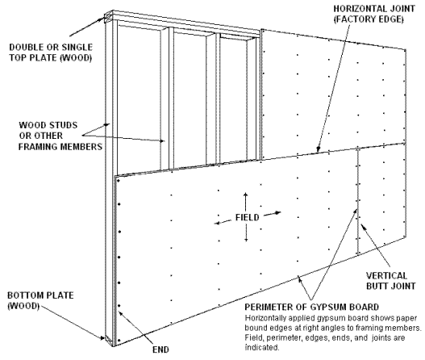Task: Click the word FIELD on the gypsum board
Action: coord(248,218)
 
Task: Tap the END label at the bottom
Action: coord(160,350)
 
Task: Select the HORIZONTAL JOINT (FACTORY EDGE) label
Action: coord(374,14)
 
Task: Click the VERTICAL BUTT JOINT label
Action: coord(391,281)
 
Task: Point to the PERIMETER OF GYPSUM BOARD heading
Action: coord(312,307)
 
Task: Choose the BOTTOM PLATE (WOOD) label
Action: coord(40,300)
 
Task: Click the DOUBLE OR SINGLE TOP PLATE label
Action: coord(51,52)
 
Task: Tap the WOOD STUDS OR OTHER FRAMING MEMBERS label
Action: coord(60,136)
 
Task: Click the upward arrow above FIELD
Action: coord(246,202)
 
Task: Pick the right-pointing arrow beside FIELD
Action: coord(273,214)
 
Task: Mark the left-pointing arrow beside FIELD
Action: coord(223,222)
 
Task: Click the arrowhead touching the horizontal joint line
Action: coord(319,149)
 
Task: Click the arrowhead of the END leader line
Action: coord(121,313)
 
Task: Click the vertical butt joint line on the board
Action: coord(358,201)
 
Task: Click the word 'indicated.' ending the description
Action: coord(262,348)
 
